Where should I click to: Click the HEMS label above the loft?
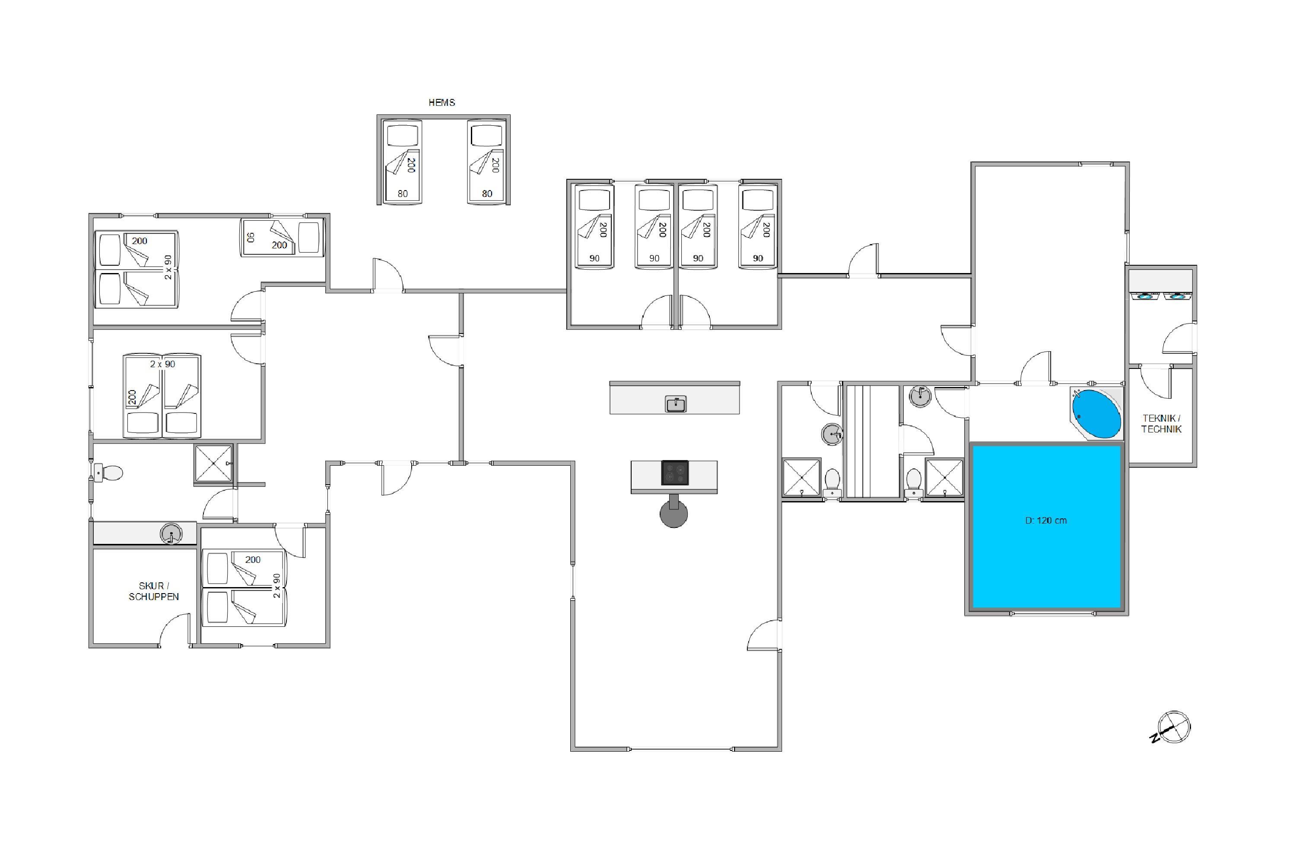click(442, 102)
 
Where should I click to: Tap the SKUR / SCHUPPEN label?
click(154, 591)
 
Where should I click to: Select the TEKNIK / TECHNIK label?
click(1161, 424)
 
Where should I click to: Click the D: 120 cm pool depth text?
click(1045, 520)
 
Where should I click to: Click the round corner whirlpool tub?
click(1096, 413)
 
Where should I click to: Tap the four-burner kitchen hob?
click(674, 473)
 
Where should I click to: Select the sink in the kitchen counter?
click(676, 403)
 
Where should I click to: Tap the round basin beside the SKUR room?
click(171, 534)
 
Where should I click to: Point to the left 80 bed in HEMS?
click(402, 162)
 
